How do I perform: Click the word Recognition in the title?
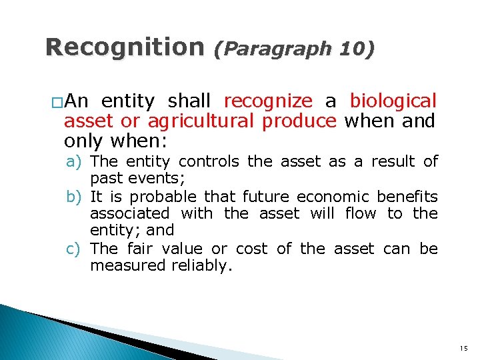tap(124, 47)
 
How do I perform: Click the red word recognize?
tap(268, 101)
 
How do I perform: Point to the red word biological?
tap(393, 101)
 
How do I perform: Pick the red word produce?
tap(300, 121)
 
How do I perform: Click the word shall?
tap(189, 101)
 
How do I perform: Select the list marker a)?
tap(74, 162)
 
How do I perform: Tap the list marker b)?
tap(74, 197)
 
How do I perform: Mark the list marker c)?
tap(74, 249)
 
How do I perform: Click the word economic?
tap(332, 197)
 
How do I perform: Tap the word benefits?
tap(407, 197)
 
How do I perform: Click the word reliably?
tap(203, 265)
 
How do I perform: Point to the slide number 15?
tap(463, 348)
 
